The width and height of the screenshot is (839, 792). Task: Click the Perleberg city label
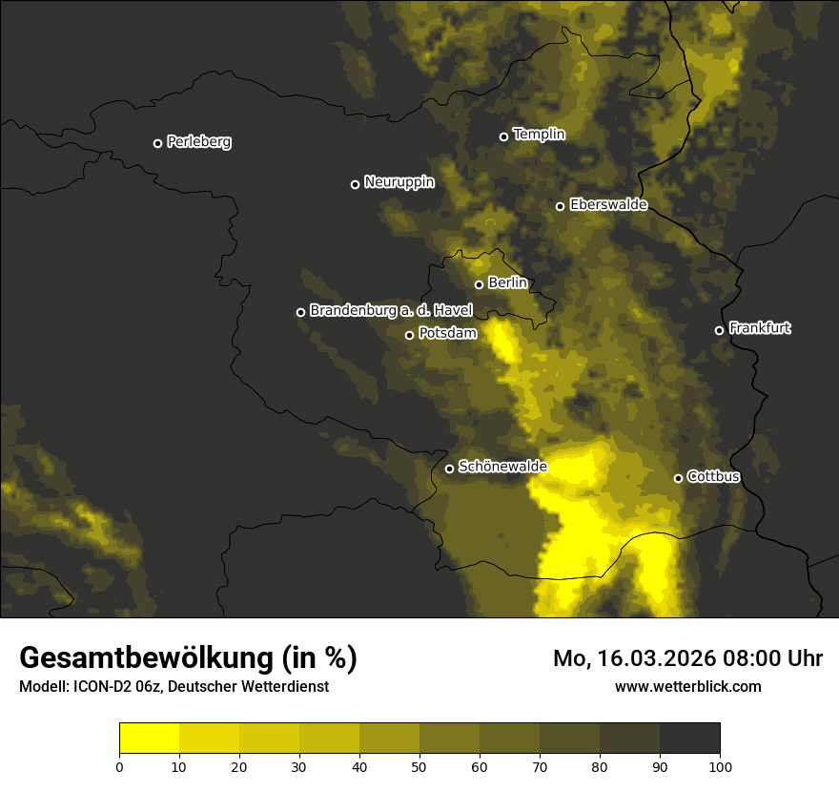[x=198, y=142]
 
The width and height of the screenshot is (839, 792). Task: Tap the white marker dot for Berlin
[x=479, y=284]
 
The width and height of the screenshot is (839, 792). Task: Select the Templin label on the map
[x=539, y=135]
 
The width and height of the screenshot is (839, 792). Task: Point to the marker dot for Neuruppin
[x=355, y=184]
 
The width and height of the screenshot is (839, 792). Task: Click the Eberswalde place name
[x=608, y=204]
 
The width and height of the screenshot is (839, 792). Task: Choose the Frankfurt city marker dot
[x=719, y=330]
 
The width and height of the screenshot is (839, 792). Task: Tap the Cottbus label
[x=713, y=476]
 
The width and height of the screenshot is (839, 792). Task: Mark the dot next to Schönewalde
[x=449, y=469]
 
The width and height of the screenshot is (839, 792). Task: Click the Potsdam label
[x=447, y=333]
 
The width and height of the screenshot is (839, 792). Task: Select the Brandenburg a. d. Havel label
[x=391, y=310]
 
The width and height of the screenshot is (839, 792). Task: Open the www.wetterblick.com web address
[x=688, y=686]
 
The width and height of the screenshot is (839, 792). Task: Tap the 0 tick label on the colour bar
[x=119, y=765]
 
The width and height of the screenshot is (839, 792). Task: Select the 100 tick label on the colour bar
[x=720, y=765]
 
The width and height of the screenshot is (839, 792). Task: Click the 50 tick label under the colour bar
[x=419, y=765]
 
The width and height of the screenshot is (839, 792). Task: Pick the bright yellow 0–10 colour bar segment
[x=149, y=739]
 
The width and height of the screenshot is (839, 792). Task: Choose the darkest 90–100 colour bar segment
[x=689, y=739]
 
